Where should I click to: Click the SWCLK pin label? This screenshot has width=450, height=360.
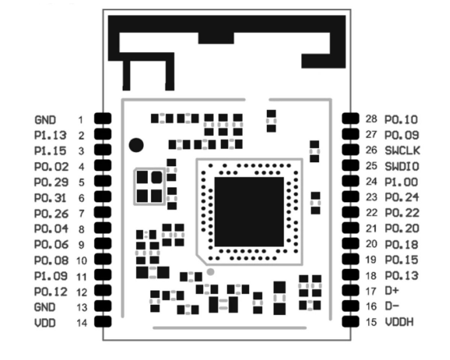point(402,151)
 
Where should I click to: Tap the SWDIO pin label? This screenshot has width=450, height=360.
point(402,166)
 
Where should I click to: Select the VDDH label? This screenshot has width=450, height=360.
point(399,322)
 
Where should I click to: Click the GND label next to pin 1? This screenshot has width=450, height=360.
point(45,120)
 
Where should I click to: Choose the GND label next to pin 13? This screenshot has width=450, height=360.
point(45,307)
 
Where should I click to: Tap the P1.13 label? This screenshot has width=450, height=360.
point(50,135)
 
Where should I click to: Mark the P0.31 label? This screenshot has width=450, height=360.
point(51,198)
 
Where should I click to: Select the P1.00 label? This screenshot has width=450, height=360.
point(401,182)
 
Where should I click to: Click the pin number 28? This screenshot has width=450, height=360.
point(371,120)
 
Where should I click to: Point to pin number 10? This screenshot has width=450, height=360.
point(82,260)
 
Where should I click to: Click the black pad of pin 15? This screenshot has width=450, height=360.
point(351,321)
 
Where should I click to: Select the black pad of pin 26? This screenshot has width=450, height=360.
point(351,150)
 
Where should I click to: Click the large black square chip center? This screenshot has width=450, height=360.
point(249,212)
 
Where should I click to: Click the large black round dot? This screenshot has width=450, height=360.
point(136,145)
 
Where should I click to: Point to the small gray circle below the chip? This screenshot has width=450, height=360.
point(211,272)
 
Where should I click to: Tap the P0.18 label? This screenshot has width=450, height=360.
point(402,244)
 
